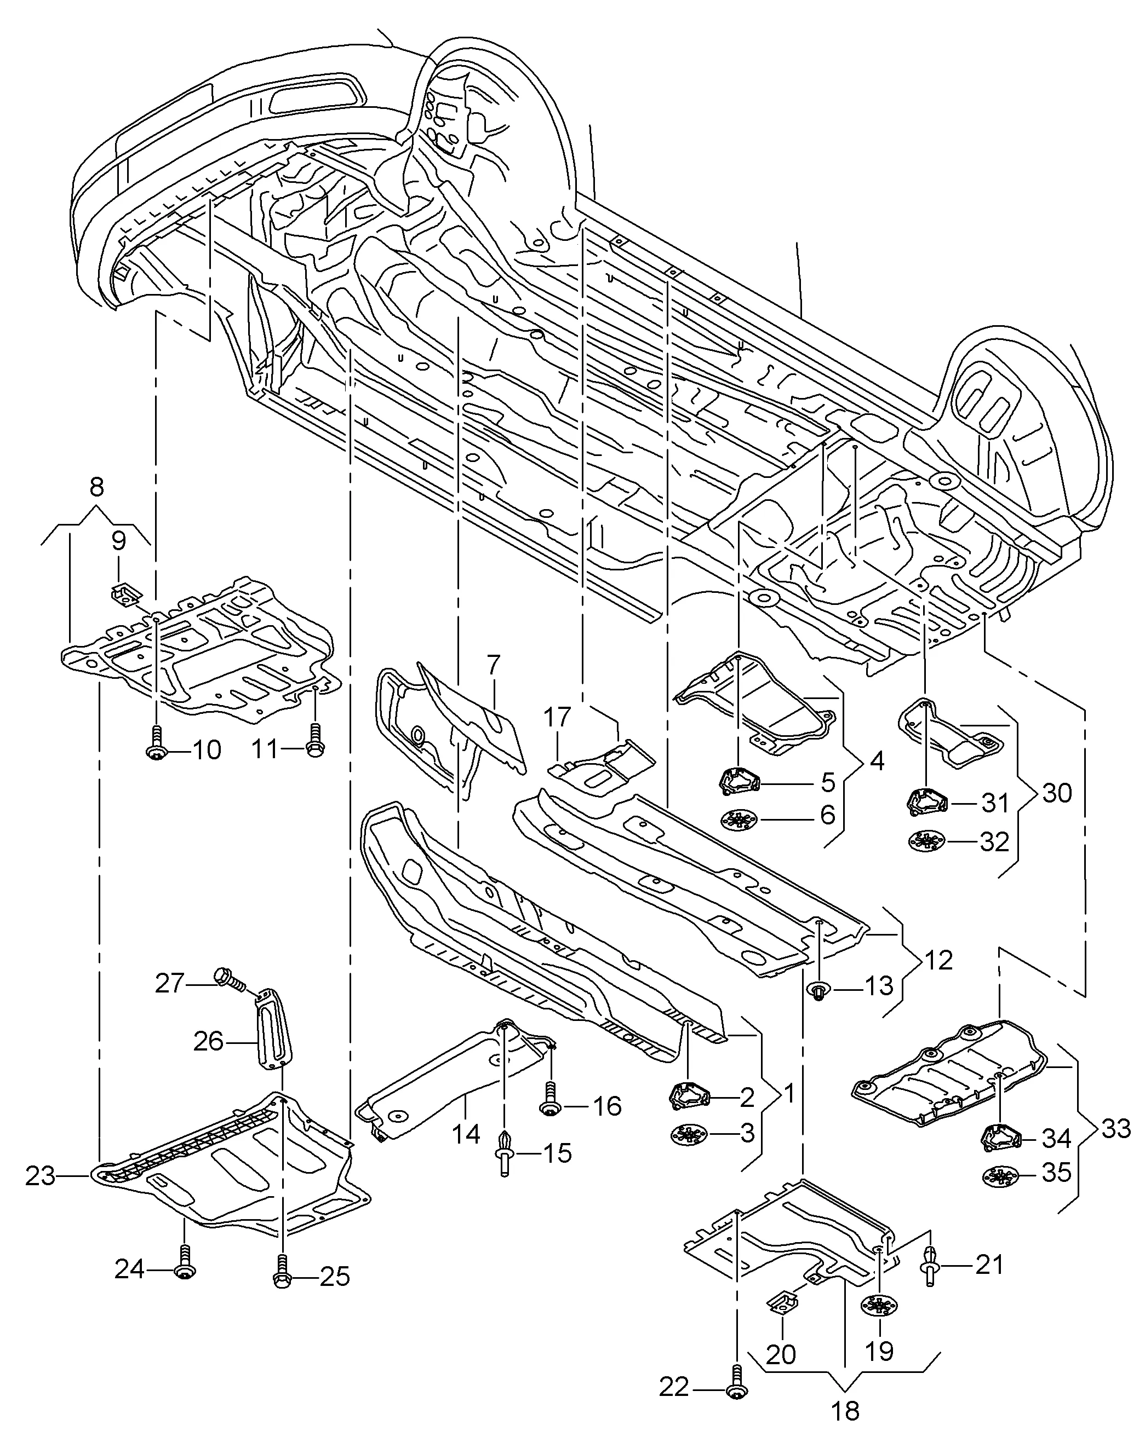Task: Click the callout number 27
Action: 169,983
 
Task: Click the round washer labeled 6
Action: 740,820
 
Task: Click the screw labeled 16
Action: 550,1100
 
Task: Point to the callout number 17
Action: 557,717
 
